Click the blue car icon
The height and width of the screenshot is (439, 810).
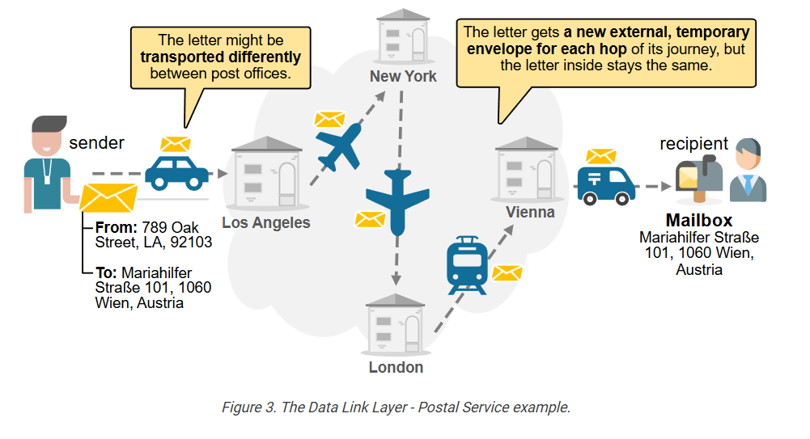[x=176, y=172]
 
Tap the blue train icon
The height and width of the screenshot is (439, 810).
[x=465, y=264]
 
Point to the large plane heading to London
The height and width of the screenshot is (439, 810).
[x=397, y=200]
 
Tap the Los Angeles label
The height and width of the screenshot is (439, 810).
[x=266, y=222]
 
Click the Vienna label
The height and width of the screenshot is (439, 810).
[x=530, y=212]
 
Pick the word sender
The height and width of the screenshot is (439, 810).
[x=96, y=143]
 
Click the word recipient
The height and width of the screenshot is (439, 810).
[x=693, y=144]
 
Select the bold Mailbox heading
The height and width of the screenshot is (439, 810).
[x=698, y=221]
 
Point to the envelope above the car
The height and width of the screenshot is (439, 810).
[x=176, y=145]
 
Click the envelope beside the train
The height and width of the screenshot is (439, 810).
[x=507, y=273]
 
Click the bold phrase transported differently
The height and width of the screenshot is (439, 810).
[x=220, y=57]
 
